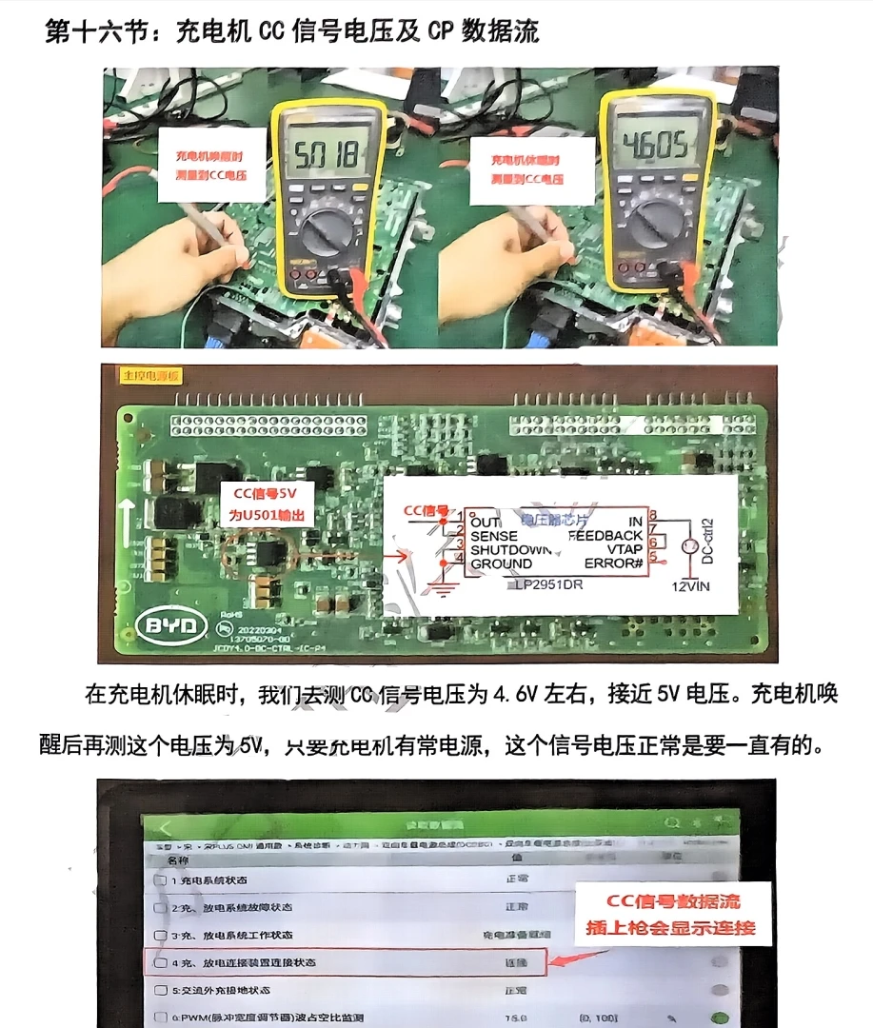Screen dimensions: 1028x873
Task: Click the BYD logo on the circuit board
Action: coord(171,625)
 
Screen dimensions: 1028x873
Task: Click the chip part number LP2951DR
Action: coord(546,583)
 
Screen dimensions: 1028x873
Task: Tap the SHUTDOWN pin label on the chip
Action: coord(511,550)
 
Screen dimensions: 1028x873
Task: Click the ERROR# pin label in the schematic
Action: coord(611,563)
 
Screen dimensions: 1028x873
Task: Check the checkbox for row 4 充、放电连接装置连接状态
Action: coord(161,962)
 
